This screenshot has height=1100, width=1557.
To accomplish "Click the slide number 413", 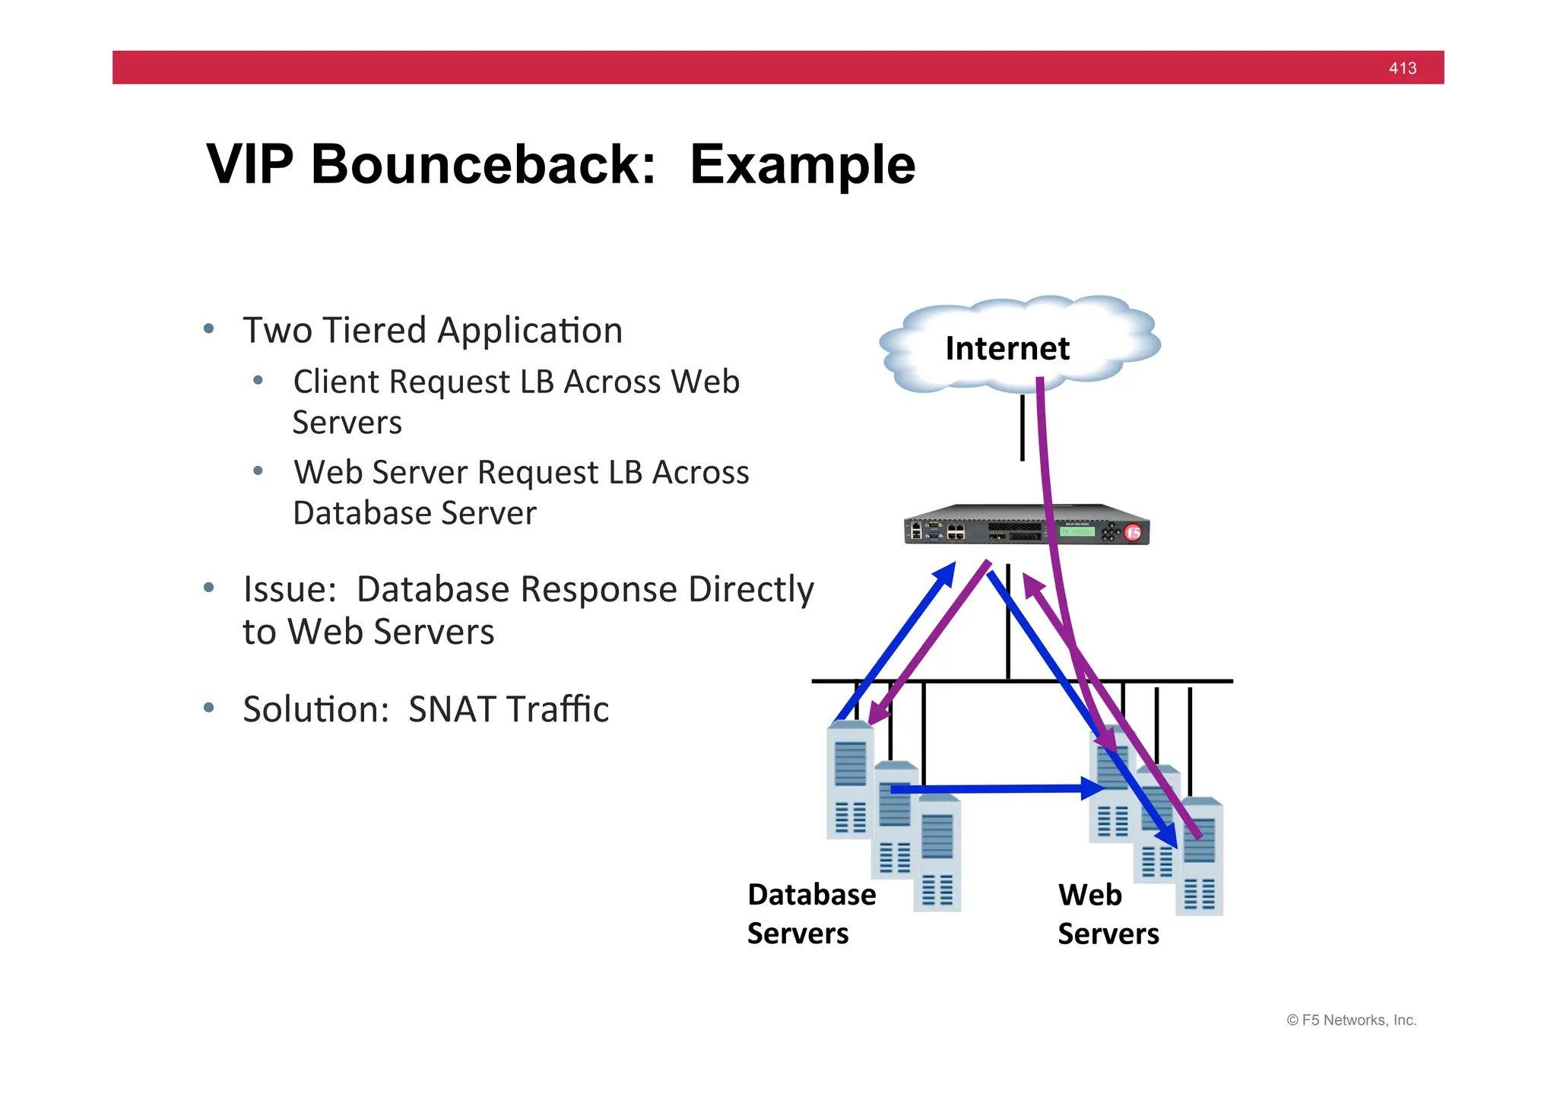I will point(1402,68).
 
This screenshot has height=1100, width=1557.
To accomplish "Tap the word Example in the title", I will point(802,165).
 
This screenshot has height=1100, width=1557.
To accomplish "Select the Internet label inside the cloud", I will point(1007,349).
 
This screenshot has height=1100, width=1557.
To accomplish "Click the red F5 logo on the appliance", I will point(1133,532).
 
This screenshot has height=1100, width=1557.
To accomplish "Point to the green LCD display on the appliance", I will point(1077,531).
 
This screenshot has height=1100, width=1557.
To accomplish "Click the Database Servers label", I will point(810,914).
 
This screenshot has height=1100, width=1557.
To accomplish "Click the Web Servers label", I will point(1108,914).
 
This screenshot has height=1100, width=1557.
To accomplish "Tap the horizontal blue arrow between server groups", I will point(996,789).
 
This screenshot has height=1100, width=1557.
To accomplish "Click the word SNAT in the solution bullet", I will point(454,709).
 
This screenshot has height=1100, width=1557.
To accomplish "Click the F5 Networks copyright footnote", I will point(1351,1020).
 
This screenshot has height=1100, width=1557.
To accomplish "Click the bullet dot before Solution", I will point(209,709).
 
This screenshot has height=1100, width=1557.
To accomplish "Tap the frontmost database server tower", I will point(937,855).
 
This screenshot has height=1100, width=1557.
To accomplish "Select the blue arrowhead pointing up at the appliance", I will point(947,574).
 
